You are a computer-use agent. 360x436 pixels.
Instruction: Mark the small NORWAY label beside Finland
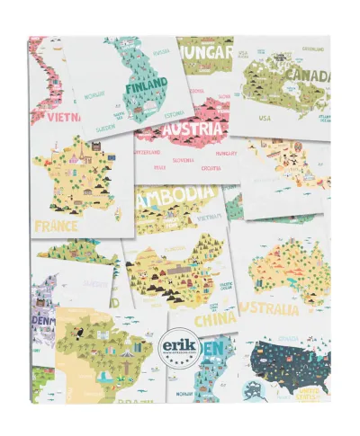point(94,93)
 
